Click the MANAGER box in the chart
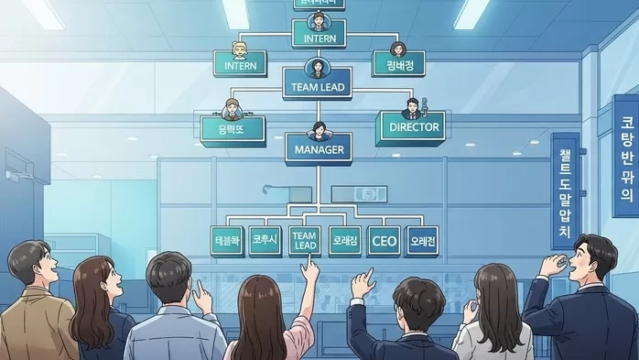pos(317,148)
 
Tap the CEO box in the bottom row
pos(383,241)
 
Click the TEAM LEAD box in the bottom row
pos(304,241)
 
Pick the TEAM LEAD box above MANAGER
pos(318,88)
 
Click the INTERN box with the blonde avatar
pos(240,66)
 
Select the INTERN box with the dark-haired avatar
pos(319,39)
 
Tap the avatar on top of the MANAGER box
pos(318,129)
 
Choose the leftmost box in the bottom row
pos(226,241)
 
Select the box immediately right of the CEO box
pos(422,241)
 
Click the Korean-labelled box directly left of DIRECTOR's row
pos(233,129)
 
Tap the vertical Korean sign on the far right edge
pos(626,156)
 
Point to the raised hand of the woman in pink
pos(311,267)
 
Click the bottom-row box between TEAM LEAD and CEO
pos(343,241)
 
